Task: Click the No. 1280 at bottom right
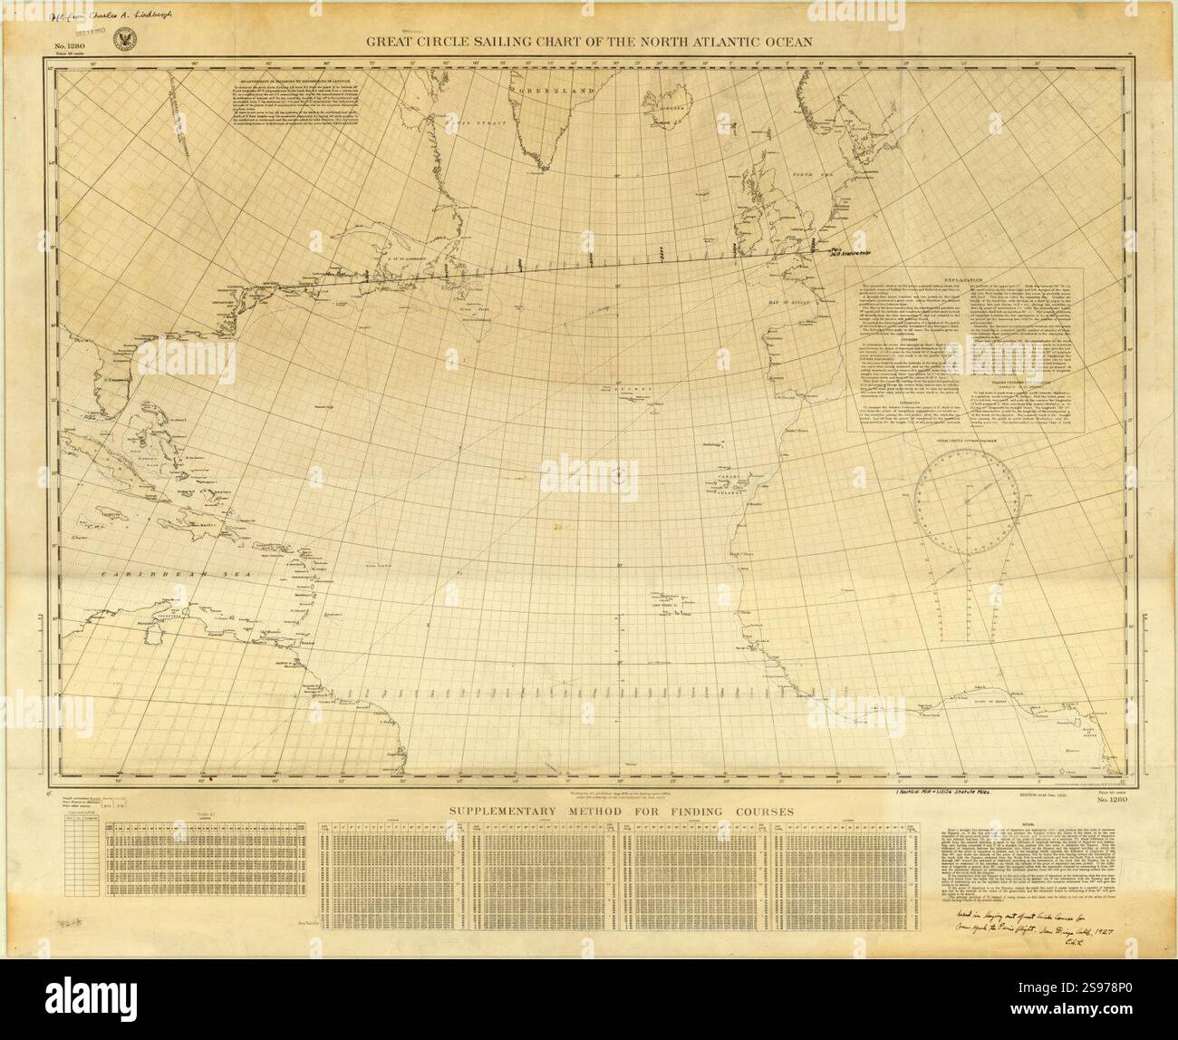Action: [1108, 801]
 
